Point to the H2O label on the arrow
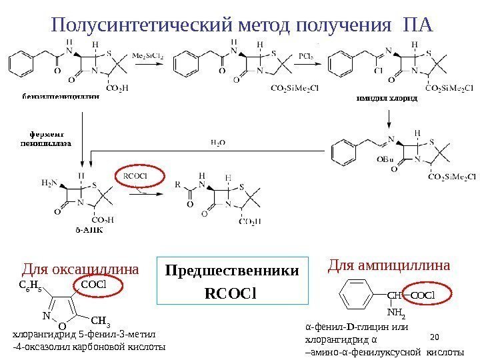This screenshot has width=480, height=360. click(218, 142)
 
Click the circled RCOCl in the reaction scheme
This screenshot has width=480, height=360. click(135, 176)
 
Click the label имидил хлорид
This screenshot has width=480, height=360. click(385, 98)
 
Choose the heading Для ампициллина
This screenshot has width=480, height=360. click(389, 266)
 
